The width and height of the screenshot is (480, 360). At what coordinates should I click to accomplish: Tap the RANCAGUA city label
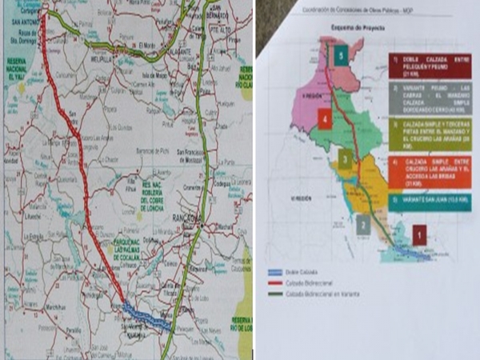coord(185,218)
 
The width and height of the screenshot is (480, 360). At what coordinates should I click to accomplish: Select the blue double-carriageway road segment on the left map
coord(147,317)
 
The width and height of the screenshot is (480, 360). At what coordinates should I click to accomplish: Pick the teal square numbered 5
coord(342,57)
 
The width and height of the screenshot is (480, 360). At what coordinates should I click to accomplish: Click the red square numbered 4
coord(324,119)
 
